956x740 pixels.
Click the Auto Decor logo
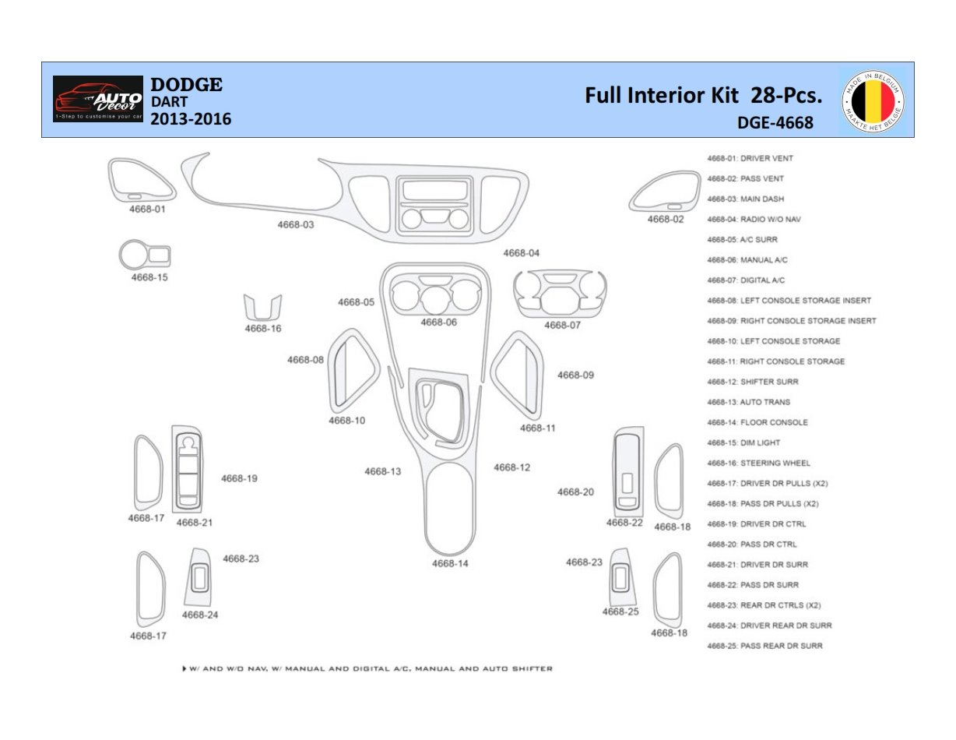(98, 99)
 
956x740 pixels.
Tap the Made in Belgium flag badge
(873, 100)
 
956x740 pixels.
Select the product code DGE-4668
(775, 122)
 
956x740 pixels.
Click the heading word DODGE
(186, 84)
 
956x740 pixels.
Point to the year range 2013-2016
(191, 119)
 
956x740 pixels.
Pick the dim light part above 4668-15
(145, 255)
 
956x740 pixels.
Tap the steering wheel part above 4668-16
(263, 307)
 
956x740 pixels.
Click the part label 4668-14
(450, 563)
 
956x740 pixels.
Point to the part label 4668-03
(296, 224)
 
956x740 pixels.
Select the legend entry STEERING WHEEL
(775, 463)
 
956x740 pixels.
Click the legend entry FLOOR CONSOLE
(774, 422)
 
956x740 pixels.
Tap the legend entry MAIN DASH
(762, 199)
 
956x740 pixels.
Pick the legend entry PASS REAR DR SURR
(781, 646)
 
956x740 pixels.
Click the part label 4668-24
(200, 615)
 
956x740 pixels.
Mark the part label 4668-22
(624, 523)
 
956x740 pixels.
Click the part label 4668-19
(239, 478)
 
